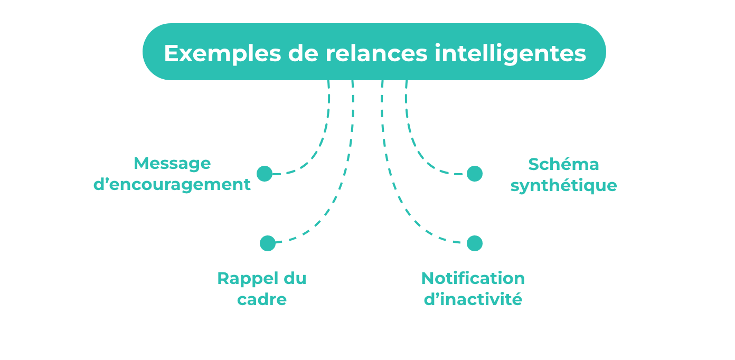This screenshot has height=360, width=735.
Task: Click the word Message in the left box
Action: pos(172,163)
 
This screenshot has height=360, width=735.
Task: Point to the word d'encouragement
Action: pos(172,185)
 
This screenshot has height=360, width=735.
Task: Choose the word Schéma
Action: pos(563,164)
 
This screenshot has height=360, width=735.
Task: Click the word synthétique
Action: pos(563,186)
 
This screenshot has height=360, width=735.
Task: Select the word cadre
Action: pos(262,299)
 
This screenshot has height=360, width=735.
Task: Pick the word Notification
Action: pos(473,278)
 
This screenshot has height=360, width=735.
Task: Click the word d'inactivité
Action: pos(473,299)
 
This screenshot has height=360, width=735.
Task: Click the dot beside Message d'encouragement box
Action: pos(265,174)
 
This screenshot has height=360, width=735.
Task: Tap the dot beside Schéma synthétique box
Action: pos(475,174)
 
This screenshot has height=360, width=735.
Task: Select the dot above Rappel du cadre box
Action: pos(268,243)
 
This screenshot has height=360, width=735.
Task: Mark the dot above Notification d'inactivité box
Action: pos(475,243)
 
